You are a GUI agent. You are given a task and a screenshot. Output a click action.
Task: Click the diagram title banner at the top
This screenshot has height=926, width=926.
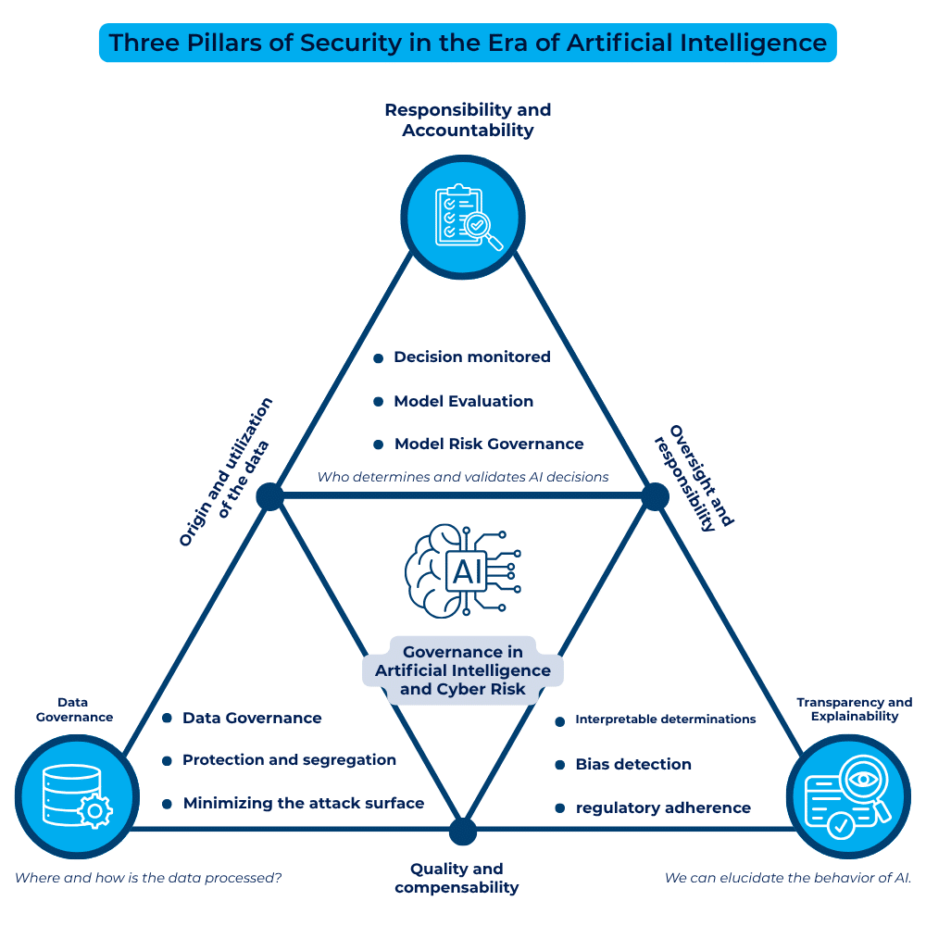[x=468, y=43]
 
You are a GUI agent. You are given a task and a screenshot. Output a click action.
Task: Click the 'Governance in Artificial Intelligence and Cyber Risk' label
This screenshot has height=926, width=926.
[x=463, y=670]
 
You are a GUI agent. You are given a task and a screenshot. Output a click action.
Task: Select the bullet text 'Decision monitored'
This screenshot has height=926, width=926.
[x=472, y=357]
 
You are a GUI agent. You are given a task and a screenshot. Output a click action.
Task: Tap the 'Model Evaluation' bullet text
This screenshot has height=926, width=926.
[x=463, y=401]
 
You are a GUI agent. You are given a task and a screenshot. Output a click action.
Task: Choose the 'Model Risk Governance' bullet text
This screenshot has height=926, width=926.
[x=489, y=444]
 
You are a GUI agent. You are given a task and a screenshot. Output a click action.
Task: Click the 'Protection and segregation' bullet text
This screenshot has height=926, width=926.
[x=289, y=759]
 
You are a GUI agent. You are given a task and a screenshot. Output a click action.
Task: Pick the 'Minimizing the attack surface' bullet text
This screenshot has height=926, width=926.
[x=303, y=803]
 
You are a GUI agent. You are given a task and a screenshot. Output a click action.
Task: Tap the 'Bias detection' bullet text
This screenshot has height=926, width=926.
[x=633, y=764]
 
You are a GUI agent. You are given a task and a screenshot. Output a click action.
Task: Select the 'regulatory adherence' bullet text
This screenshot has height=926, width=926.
[x=663, y=807]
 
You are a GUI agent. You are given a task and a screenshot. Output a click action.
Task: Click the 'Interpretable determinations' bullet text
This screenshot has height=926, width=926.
[x=665, y=720]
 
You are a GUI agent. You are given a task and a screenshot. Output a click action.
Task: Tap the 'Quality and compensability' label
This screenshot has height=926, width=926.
[x=457, y=878]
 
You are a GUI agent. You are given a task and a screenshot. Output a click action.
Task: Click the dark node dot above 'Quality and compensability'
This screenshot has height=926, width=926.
[x=463, y=831]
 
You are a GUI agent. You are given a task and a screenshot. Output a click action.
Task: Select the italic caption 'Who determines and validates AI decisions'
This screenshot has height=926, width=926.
[x=463, y=477]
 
